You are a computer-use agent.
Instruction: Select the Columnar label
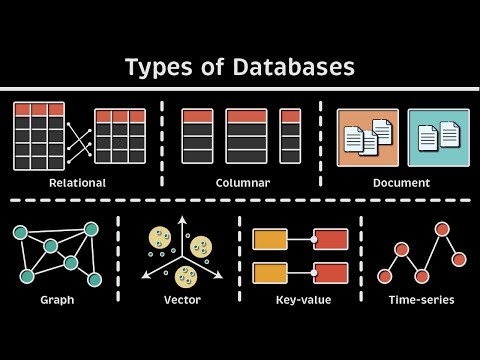tap(242, 183)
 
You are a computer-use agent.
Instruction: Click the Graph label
tap(57, 299)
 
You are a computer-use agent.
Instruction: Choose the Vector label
tap(183, 299)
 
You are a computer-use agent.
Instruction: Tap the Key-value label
tap(302, 299)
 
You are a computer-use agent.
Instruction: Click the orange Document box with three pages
tap(367, 137)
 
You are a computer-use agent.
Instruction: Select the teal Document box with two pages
tap(438, 137)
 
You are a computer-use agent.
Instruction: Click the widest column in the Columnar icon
tap(246, 136)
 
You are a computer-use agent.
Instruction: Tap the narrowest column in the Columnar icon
tap(290, 136)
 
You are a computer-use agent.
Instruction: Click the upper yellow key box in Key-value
tap(270, 239)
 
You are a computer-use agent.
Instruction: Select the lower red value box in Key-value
tap(331, 272)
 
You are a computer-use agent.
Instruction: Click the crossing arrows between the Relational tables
tap(79, 136)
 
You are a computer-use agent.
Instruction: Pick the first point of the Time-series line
tap(384, 276)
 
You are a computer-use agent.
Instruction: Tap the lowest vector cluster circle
tap(186, 276)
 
